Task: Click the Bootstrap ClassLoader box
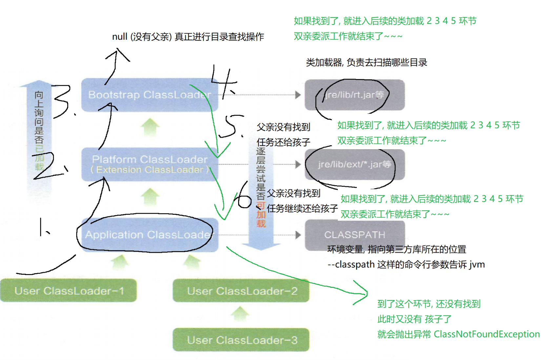149,95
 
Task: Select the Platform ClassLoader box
149,164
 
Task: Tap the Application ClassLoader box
149,235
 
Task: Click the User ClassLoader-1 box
69,290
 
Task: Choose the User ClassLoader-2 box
241,290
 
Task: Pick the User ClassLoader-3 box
241,340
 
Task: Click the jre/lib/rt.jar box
354,95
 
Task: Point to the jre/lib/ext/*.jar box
354,164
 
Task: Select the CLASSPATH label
355,235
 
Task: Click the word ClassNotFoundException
487,334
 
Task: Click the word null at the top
119,37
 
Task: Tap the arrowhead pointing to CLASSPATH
298,235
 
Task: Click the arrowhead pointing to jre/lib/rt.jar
298,95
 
